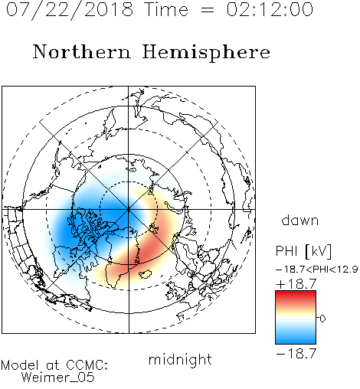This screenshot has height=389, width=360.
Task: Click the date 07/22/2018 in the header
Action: (70, 9)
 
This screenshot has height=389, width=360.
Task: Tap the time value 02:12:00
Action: (270, 9)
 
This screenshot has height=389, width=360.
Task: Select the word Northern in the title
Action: (82, 51)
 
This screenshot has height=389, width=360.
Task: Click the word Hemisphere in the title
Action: (206, 52)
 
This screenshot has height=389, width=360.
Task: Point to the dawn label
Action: (300, 220)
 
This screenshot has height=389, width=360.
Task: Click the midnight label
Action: (180, 360)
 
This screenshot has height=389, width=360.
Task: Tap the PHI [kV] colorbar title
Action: (303, 251)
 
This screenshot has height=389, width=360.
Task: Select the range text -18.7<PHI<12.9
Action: (316, 270)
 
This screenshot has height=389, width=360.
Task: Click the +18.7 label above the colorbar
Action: (296, 284)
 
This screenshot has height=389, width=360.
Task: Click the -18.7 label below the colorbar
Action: (296, 354)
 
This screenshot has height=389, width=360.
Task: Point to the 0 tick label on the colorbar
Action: (322, 319)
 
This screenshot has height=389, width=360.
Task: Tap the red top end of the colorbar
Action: (296, 293)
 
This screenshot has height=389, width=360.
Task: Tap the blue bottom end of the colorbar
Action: (296, 342)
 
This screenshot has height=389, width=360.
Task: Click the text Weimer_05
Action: (58, 378)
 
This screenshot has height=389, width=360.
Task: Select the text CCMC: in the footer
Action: (87, 365)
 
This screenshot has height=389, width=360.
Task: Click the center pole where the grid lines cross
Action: (129, 210)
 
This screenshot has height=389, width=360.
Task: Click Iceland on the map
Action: (146, 274)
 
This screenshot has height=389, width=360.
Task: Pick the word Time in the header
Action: (166, 9)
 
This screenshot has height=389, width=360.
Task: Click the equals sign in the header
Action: (208, 10)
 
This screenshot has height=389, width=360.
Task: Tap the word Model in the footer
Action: (20, 365)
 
